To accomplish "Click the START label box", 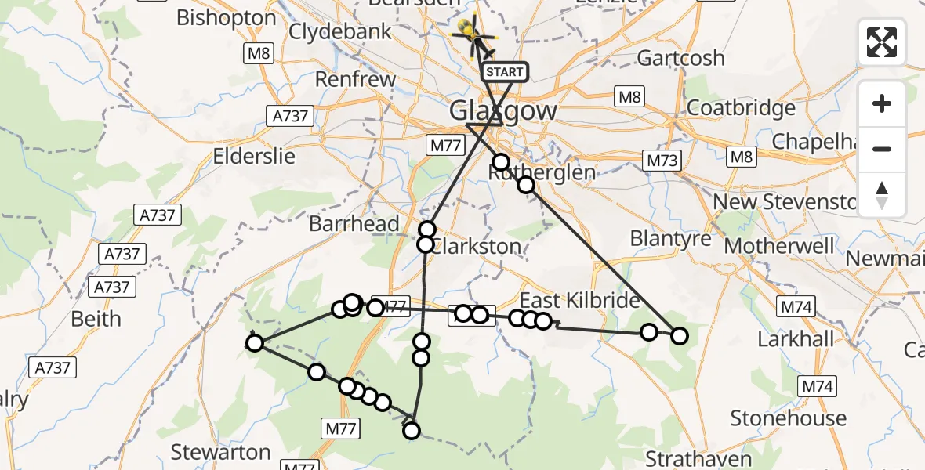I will tap(504, 72).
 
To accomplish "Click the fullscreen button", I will tap(882, 42).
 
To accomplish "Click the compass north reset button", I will tap(882, 195).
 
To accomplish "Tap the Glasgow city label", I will tap(503, 110).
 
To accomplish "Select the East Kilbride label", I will tap(580, 301).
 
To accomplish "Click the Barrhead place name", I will tap(354, 223).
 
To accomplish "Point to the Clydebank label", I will tap(340, 31).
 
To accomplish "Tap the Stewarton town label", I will tap(220, 452).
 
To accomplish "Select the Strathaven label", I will tap(698, 458).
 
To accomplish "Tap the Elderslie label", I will tap(254, 156).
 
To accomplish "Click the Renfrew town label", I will tap(355, 79).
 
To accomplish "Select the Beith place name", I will tap(96, 319).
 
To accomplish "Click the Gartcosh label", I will tap(680, 58).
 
